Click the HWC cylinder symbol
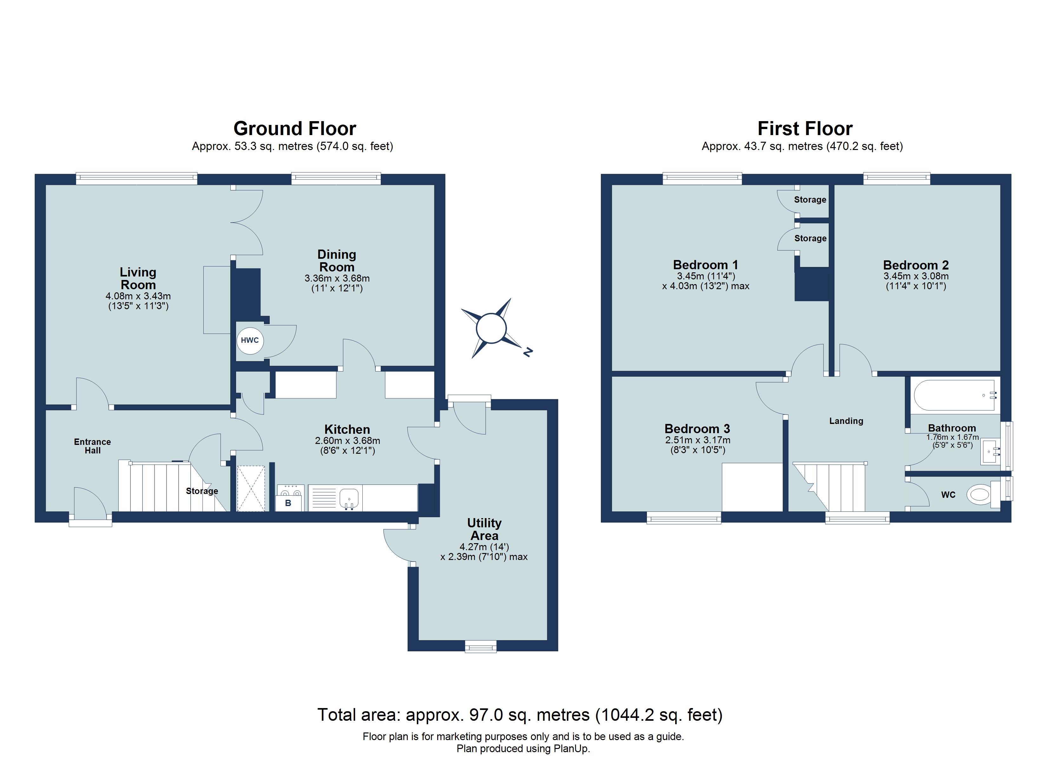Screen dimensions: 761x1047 [x=250, y=341]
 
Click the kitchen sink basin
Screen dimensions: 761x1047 [x=349, y=498]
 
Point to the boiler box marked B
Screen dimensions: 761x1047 [x=288, y=503]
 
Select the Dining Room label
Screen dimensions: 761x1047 [x=337, y=261]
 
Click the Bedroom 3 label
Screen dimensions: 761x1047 [x=697, y=429]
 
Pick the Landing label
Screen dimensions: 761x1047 [x=846, y=421]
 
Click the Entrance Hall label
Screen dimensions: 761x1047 [x=92, y=446]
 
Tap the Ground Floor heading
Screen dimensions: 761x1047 [x=294, y=128]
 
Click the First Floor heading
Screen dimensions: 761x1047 [x=805, y=128]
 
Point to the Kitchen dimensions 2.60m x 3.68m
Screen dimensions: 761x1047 [x=347, y=441]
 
